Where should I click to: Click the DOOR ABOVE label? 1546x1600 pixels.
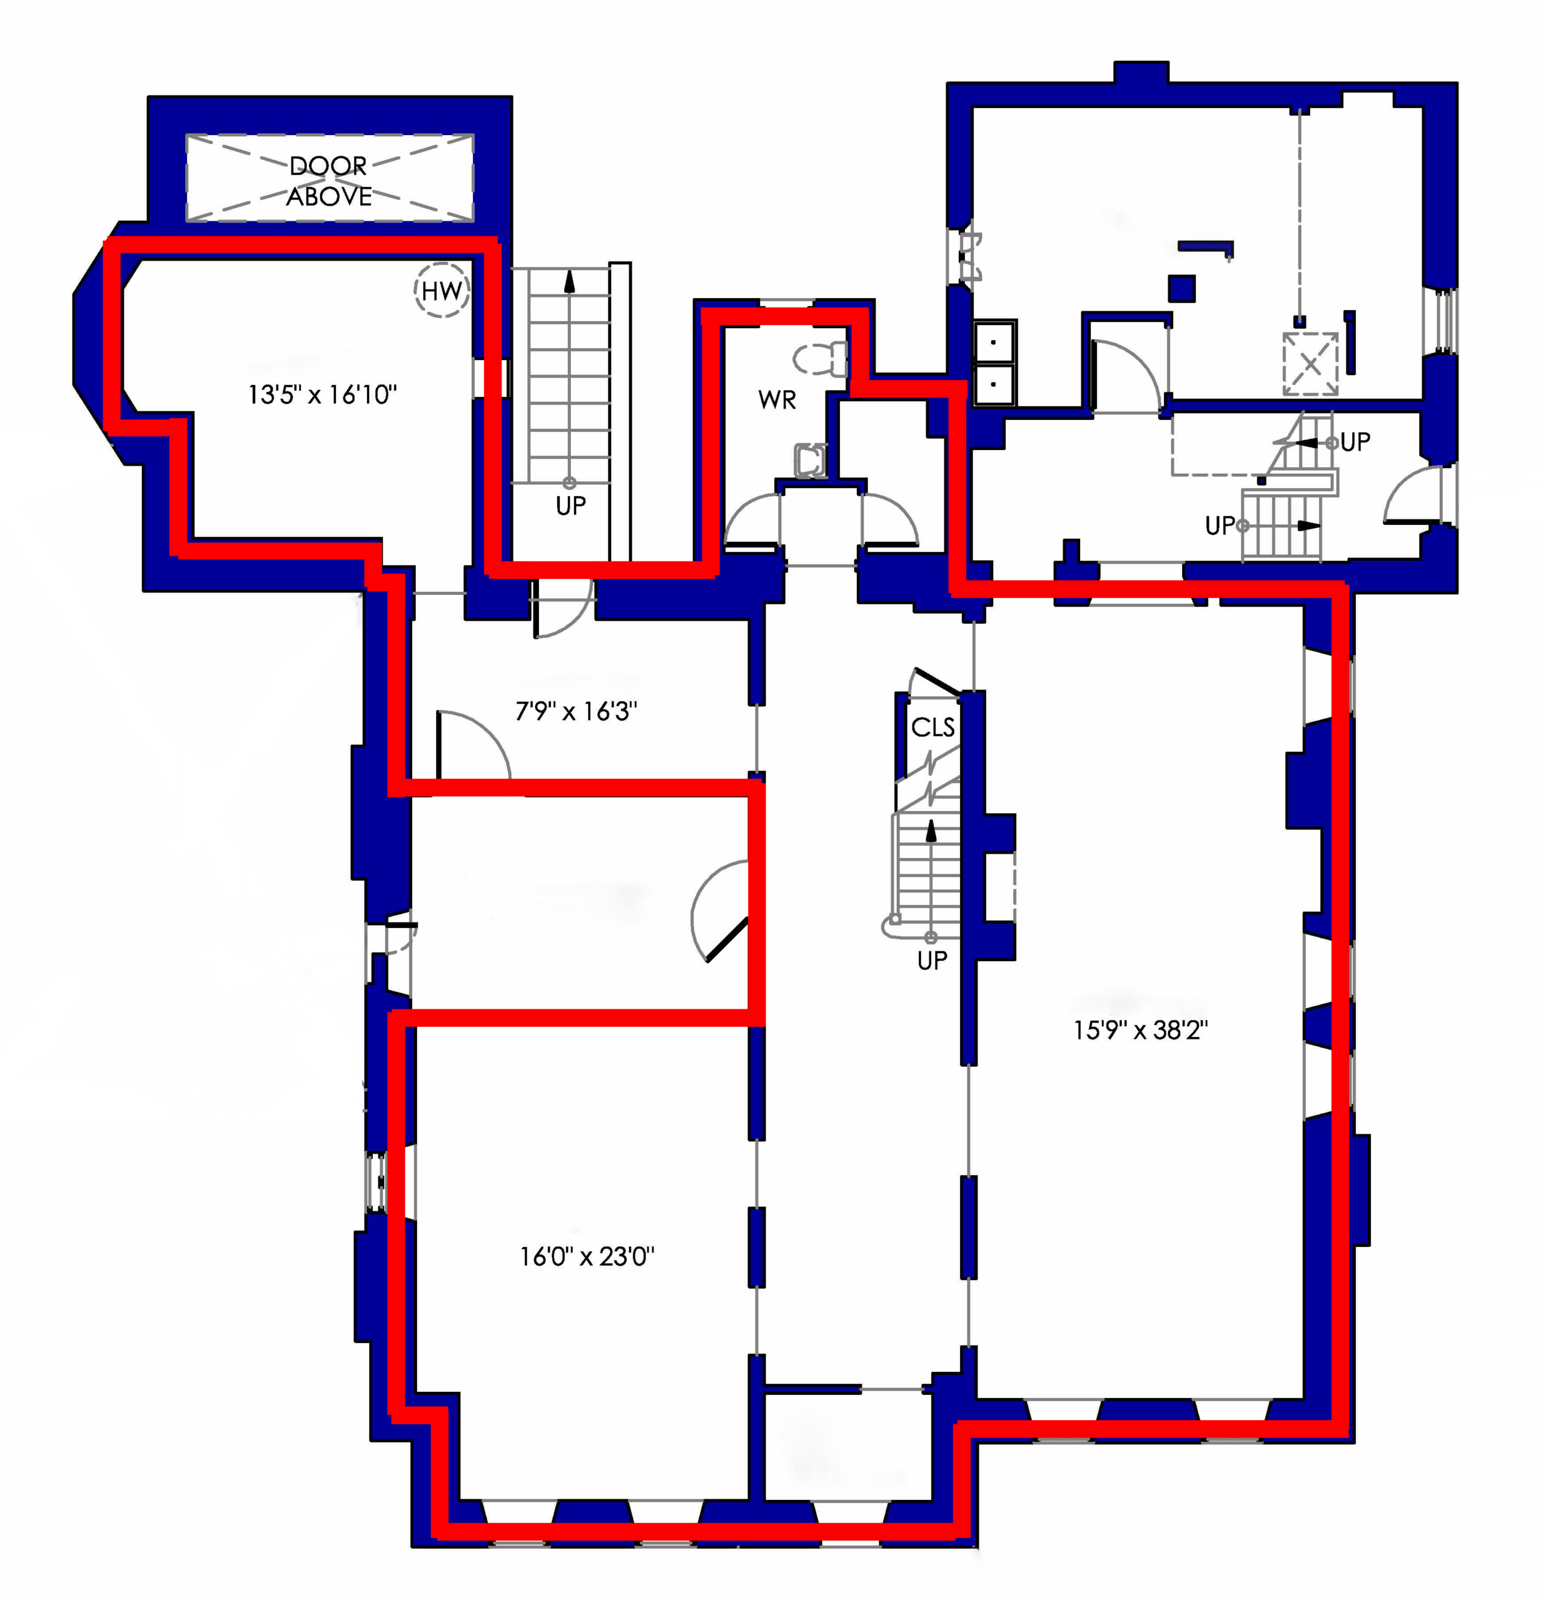click(x=328, y=181)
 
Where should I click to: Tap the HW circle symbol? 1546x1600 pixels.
click(x=442, y=290)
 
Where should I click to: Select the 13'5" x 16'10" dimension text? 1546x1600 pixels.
click(x=323, y=395)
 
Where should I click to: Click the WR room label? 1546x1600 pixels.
click(x=777, y=400)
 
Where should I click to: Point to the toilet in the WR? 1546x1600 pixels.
click(x=820, y=358)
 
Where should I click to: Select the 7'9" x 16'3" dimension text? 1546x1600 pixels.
click(x=576, y=711)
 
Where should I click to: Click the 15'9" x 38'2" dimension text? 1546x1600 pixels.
click(x=1141, y=1030)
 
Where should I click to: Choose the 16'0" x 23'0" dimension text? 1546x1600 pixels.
click(x=587, y=1256)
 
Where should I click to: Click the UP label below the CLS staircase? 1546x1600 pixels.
click(x=932, y=961)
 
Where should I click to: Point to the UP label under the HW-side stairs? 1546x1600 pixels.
click(x=571, y=506)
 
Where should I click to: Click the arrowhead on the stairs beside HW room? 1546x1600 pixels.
click(x=569, y=282)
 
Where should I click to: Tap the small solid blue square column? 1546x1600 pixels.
click(x=1182, y=288)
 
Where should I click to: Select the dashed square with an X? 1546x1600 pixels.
click(x=1310, y=363)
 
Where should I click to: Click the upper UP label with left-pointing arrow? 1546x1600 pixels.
click(x=1355, y=442)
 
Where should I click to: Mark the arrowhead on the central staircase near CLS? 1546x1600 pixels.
click(x=930, y=829)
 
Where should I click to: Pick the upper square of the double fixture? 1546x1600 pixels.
click(x=994, y=341)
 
